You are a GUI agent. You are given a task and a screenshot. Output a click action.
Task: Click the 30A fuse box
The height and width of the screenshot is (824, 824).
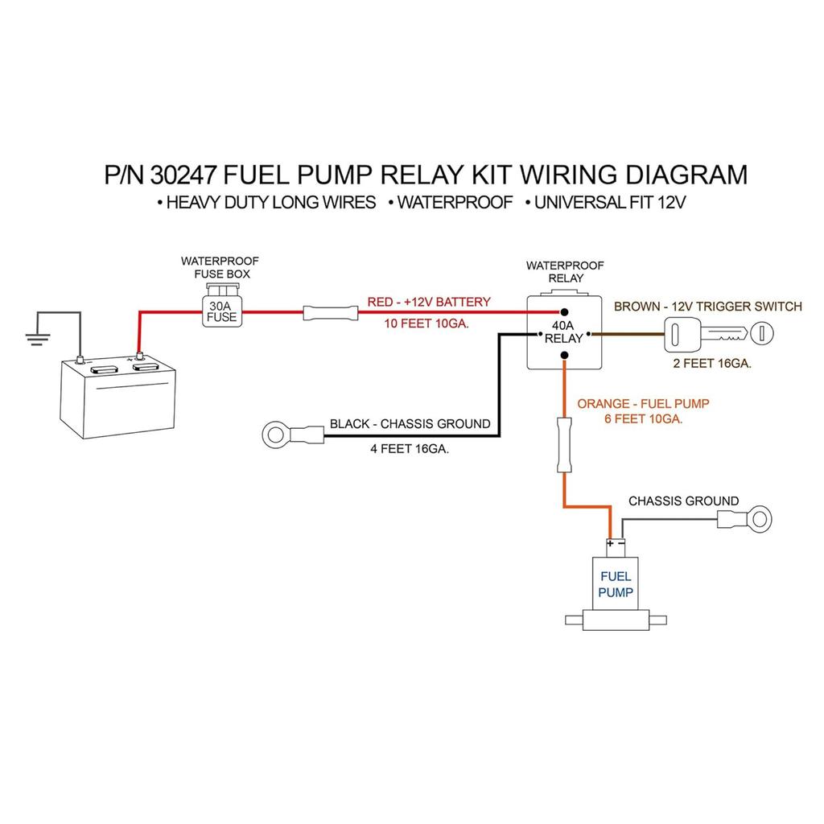221,310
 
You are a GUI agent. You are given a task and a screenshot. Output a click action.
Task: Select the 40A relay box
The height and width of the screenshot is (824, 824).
563,332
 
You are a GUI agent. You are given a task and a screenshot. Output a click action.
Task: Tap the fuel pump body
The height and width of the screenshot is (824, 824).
616,585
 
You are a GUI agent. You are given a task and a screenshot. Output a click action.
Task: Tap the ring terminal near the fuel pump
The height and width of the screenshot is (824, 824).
756,517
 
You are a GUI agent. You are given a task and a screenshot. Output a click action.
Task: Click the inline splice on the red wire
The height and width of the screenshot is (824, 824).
329,312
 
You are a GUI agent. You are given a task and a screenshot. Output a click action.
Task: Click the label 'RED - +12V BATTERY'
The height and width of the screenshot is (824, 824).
429,302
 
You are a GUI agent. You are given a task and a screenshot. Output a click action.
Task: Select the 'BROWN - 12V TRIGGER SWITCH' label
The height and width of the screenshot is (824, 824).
707,306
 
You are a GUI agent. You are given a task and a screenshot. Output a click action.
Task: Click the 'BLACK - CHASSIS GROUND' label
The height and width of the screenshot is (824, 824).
410,423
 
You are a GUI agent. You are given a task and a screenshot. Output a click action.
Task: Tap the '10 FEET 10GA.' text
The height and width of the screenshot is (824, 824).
427,323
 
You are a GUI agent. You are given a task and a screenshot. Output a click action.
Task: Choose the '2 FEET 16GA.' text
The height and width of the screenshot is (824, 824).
712,363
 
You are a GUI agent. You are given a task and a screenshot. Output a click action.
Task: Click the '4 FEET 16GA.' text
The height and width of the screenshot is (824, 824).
410,449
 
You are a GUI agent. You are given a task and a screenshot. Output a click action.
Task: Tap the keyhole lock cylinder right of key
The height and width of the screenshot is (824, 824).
762,332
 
